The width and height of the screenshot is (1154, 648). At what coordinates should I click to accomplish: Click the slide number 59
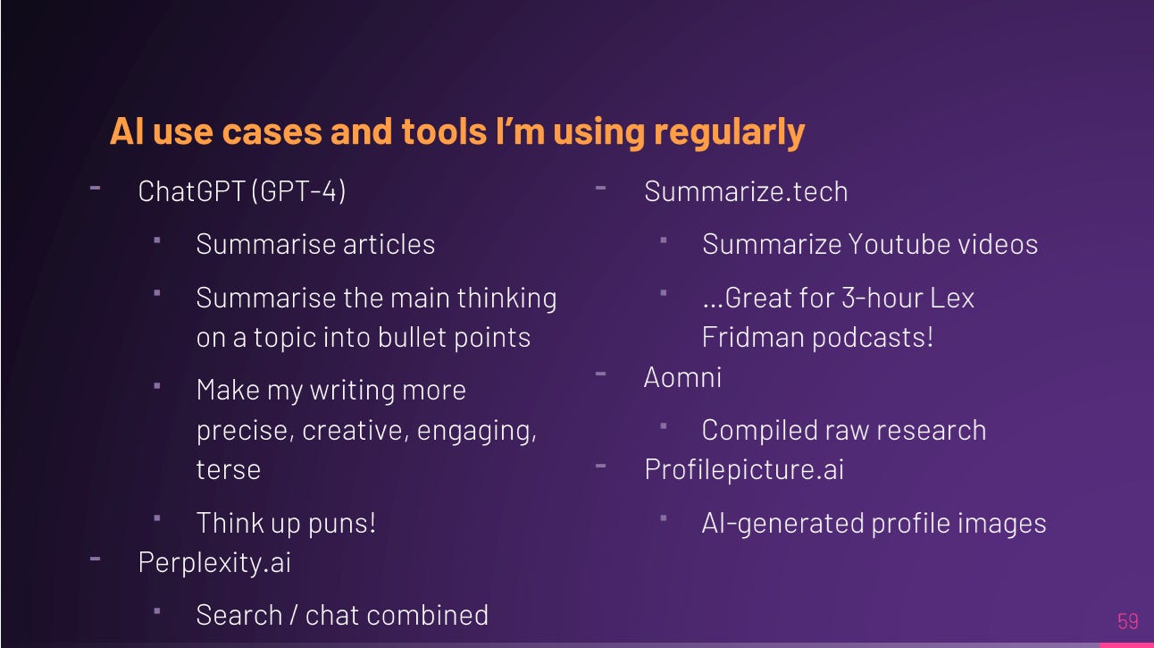pos(1127,621)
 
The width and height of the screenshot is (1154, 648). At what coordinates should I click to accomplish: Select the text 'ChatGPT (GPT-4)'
pos(241,191)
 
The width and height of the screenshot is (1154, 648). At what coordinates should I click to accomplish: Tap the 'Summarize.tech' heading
pos(746,191)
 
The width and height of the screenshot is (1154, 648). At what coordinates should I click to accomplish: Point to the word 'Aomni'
pos(682,377)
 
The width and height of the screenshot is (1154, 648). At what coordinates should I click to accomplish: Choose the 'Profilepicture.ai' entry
pos(743,469)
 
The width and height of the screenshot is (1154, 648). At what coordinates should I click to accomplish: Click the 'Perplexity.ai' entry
pos(214,562)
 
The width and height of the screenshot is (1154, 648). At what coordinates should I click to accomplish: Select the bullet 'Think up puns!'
pos(286,523)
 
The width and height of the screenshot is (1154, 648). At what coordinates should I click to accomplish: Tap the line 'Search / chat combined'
pos(342,615)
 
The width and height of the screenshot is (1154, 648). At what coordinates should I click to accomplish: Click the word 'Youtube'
pos(893,244)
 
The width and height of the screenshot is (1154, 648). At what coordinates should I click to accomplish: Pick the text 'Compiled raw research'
pos(843,430)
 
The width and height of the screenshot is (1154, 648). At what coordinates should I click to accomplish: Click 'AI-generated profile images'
pos(874,523)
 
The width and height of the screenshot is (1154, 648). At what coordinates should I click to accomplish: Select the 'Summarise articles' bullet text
pos(315,244)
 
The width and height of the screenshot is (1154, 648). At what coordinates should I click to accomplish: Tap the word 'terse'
pos(228,469)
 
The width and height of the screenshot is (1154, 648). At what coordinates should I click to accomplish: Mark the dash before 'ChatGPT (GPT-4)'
pos(95,188)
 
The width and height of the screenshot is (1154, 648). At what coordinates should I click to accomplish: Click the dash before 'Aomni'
pos(600,374)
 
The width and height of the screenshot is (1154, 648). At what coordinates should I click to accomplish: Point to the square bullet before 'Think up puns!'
pos(157,518)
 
